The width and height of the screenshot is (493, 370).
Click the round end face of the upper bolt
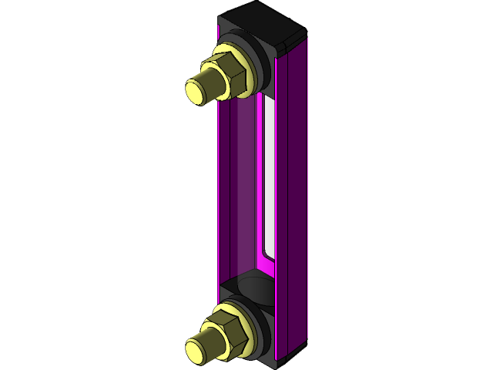[198, 89]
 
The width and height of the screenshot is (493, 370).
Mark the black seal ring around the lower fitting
[262, 324]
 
